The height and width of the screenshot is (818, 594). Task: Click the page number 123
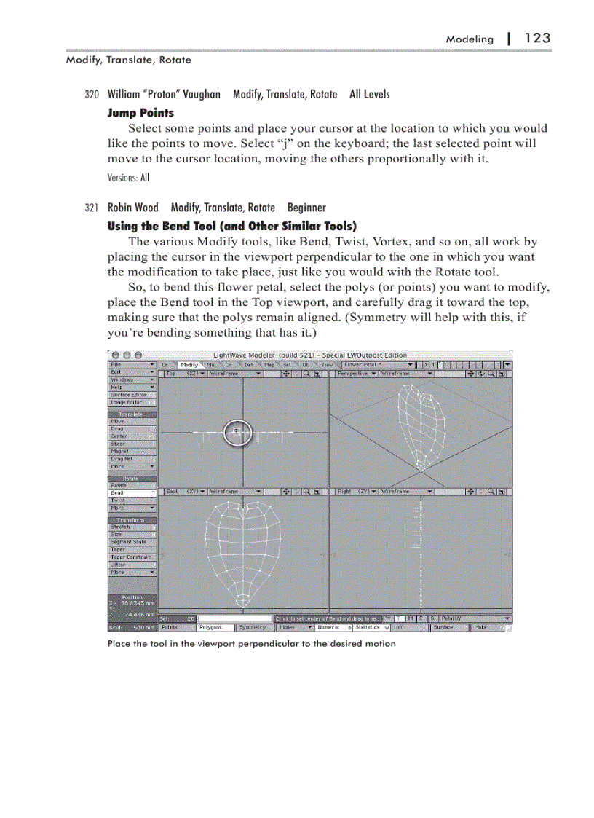(x=537, y=38)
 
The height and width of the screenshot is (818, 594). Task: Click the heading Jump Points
(x=140, y=113)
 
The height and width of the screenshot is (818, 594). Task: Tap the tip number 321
(x=91, y=208)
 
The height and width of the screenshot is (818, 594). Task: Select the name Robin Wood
(x=132, y=208)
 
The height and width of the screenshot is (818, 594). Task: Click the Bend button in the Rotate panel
(x=131, y=492)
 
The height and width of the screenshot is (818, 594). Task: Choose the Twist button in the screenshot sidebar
(x=131, y=500)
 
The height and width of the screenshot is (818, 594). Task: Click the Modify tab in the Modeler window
(x=190, y=364)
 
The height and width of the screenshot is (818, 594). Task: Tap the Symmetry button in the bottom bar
(x=252, y=626)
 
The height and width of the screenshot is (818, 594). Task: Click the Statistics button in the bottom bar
(x=371, y=626)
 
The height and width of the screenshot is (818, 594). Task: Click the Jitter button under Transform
(x=131, y=565)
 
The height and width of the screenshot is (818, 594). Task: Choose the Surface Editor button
(x=131, y=394)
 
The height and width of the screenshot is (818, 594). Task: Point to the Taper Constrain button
(x=131, y=557)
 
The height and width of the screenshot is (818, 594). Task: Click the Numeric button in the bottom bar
(x=331, y=626)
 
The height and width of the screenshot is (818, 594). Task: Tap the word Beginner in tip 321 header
(x=306, y=208)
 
